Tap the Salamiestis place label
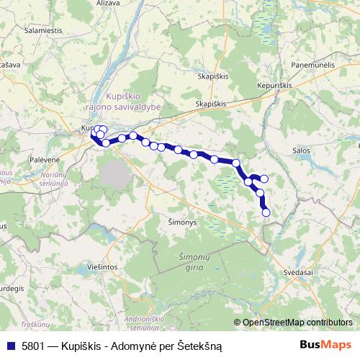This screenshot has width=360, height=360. (x=44, y=32)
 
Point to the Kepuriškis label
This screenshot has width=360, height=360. (x=274, y=85)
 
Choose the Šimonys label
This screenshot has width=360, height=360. (x=182, y=222)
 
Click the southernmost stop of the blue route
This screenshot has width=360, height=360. (x=266, y=212)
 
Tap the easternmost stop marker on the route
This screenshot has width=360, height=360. (x=264, y=179)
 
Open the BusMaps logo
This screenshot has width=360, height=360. (x=326, y=345)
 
